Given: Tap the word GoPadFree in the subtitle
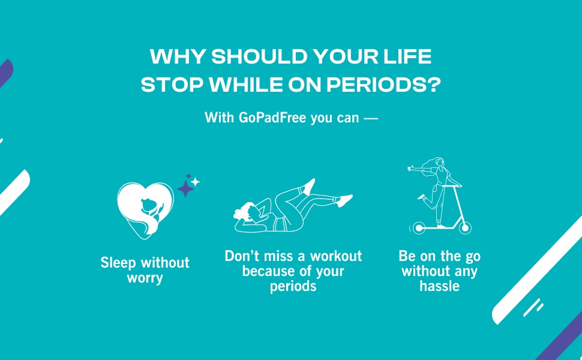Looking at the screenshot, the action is [x=272, y=118].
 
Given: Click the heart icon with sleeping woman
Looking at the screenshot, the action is [x=145, y=210].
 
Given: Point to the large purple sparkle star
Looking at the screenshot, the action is [x=185, y=188].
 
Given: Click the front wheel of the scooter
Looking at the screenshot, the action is [x=465, y=227].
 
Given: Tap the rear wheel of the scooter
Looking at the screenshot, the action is [x=419, y=227].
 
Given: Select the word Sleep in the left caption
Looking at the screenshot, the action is [x=118, y=263].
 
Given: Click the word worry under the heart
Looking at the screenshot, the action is [x=145, y=278].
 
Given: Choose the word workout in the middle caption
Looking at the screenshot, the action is [x=336, y=256].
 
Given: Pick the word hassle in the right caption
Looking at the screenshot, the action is [x=439, y=286].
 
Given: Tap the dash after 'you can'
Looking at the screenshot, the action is [x=371, y=118].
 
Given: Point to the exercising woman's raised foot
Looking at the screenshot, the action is [x=309, y=185].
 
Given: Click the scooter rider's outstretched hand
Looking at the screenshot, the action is [x=410, y=169].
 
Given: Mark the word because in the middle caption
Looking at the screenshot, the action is [x=266, y=271].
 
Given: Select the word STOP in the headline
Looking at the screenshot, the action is [x=172, y=85].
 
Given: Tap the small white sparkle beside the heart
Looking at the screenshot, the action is [x=196, y=181].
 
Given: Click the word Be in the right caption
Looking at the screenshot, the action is [x=407, y=256].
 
